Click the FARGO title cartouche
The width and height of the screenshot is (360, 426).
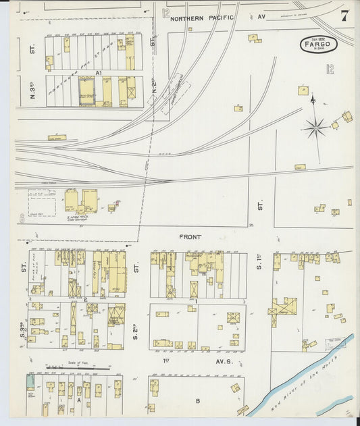(x=320, y=45)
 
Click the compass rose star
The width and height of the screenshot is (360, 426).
(x=314, y=126)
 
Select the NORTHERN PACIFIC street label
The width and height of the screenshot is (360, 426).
(x=202, y=18)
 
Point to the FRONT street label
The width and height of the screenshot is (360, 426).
(x=190, y=237)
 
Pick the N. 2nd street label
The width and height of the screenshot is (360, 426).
(x=154, y=87)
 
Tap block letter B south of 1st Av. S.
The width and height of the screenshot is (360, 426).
(x=198, y=401)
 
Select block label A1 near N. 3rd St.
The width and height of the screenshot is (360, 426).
(x=98, y=72)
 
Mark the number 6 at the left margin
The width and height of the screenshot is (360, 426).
(x=22, y=218)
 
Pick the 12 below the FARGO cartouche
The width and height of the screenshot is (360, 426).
(x=330, y=68)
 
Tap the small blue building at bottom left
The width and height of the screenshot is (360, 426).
(x=30, y=383)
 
